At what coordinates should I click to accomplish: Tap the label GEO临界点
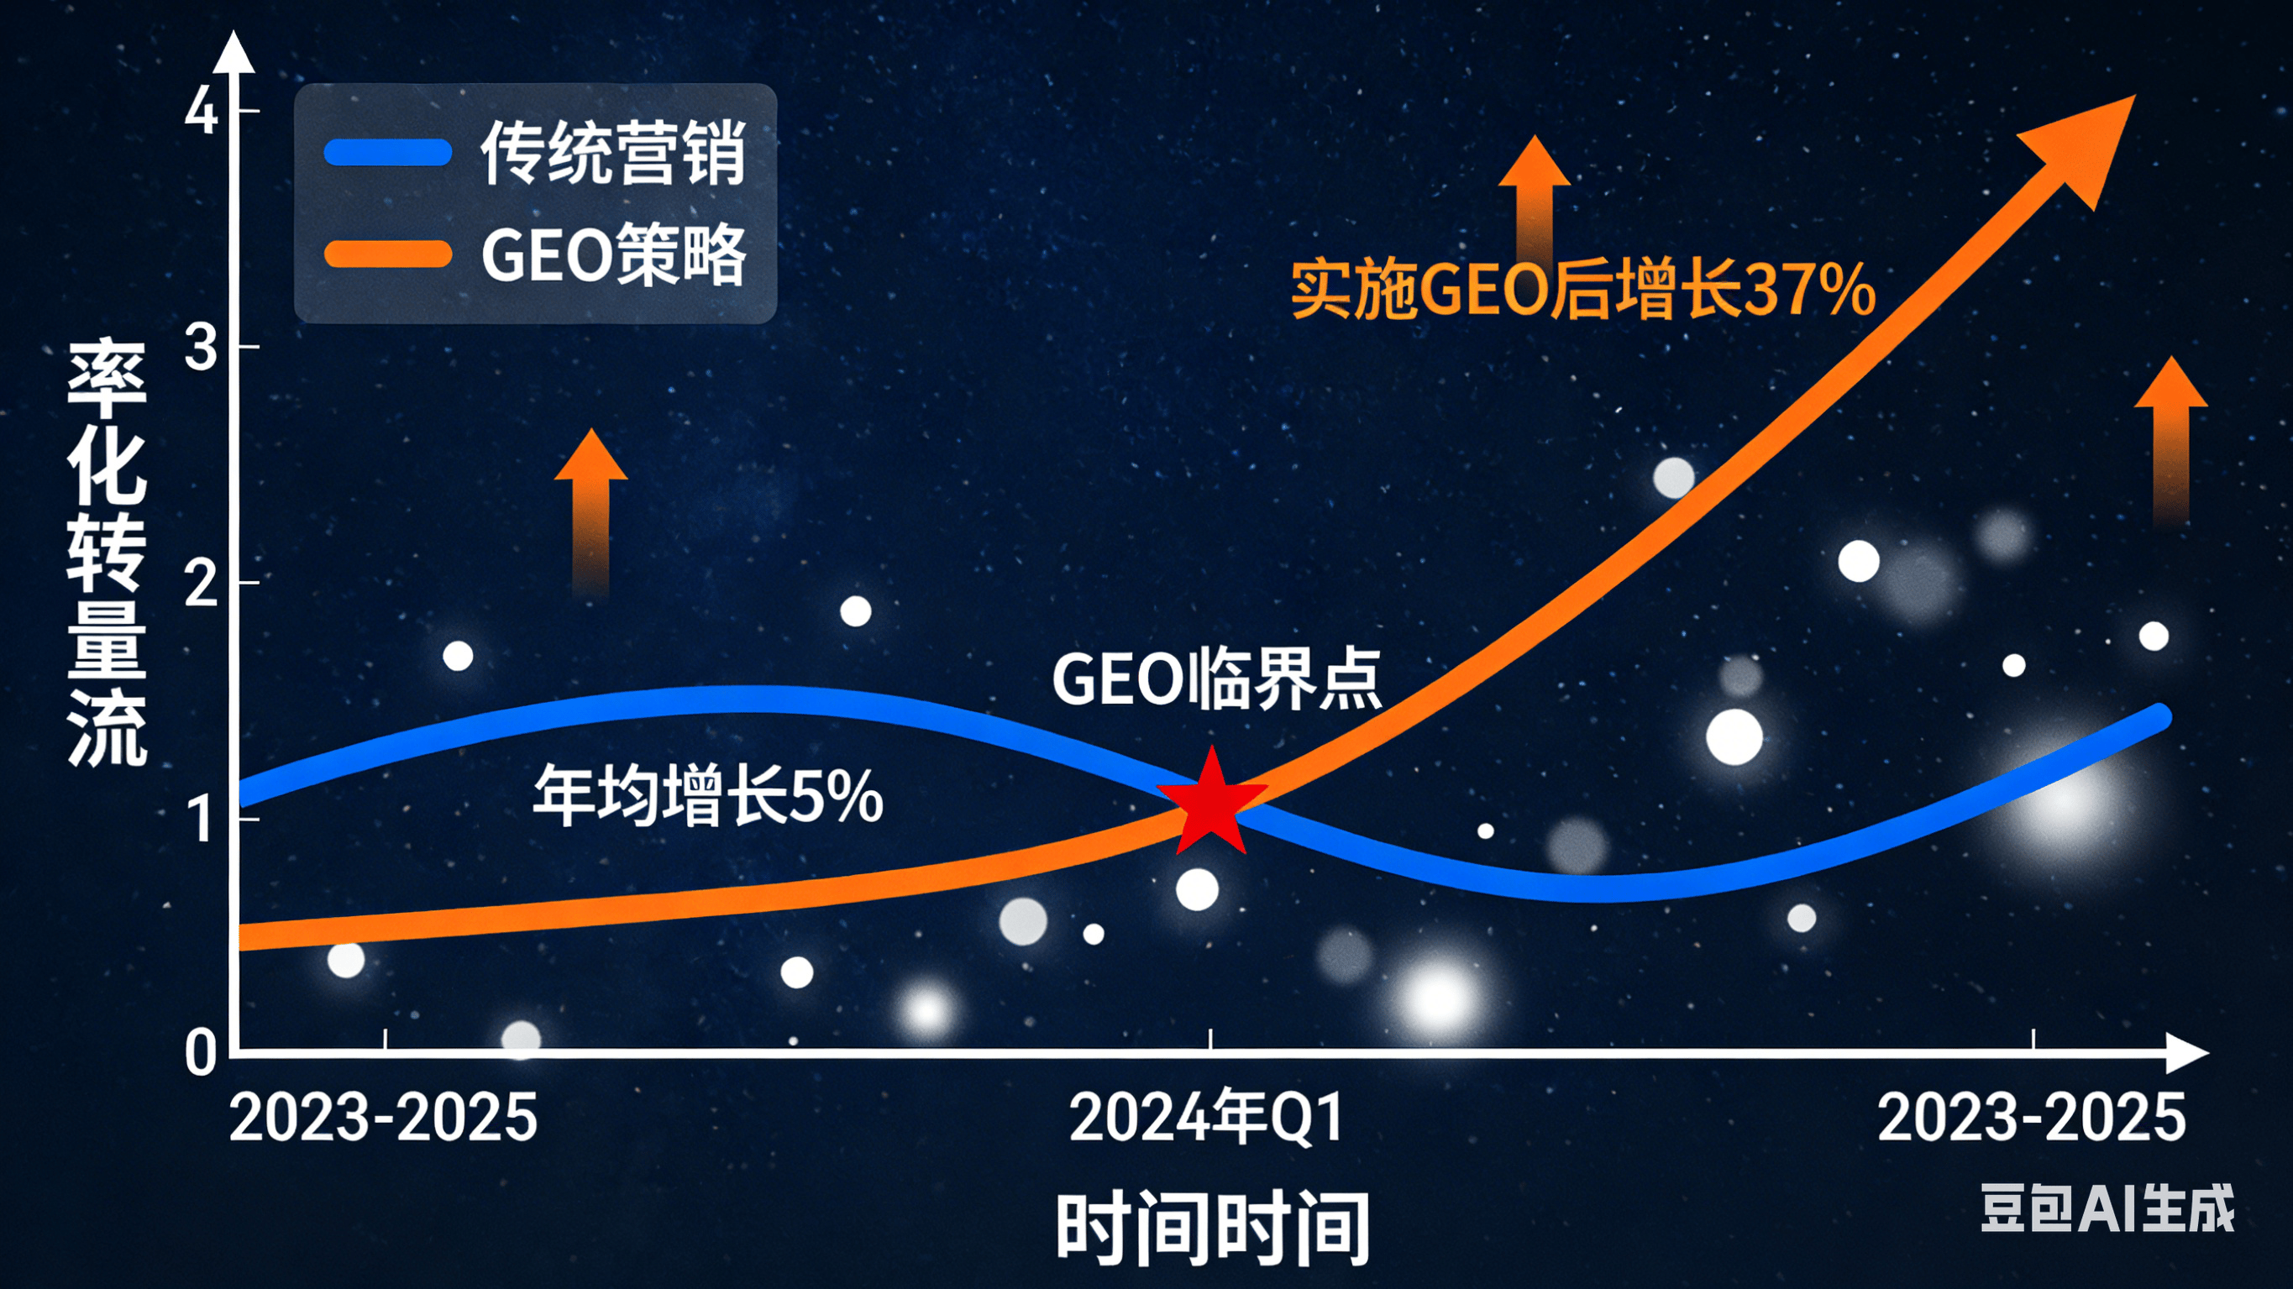pos(1216,680)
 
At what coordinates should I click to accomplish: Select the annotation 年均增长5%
pos(708,795)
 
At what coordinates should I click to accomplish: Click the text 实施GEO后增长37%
pos(1582,290)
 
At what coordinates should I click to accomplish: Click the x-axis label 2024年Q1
pos(1206,1118)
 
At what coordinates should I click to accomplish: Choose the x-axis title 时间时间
pos(1212,1229)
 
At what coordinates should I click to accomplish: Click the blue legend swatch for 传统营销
pos(388,153)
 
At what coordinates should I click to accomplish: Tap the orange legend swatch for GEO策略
pos(388,254)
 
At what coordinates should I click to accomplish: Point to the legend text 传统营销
pos(612,153)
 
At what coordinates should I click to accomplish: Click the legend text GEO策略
pos(612,255)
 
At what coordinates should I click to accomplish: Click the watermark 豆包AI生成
pos(2107,1208)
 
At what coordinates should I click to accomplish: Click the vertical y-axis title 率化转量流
pos(107,552)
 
